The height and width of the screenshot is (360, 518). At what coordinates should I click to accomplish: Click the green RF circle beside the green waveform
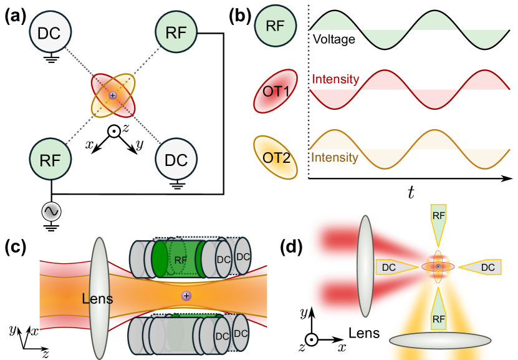click(x=276, y=26)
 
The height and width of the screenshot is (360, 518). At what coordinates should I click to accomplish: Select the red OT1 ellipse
click(x=276, y=91)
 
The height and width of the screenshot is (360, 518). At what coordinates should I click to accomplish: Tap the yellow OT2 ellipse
click(x=276, y=157)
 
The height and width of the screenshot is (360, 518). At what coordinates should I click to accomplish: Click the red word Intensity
click(x=335, y=79)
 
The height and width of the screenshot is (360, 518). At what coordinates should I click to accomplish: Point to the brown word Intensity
click(x=334, y=158)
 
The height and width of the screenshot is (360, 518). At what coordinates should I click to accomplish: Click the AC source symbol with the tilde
click(x=51, y=212)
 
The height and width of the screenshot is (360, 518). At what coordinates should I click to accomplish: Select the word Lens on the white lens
click(x=97, y=299)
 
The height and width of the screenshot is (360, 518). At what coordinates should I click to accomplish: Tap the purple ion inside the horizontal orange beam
click(x=186, y=295)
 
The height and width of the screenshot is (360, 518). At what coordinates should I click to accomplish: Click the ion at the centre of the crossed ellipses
click(x=113, y=95)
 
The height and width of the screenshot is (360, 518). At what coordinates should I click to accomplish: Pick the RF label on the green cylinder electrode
click(x=180, y=260)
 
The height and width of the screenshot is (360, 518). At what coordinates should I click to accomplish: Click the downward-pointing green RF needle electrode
click(x=439, y=224)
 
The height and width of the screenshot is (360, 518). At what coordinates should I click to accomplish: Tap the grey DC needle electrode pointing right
click(x=396, y=267)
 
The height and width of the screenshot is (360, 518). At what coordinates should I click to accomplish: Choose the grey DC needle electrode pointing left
click(x=480, y=267)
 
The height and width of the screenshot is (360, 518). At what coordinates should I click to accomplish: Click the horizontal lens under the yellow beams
click(x=439, y=341)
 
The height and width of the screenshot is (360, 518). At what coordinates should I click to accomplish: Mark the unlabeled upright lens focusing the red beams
click(x=365, y=267)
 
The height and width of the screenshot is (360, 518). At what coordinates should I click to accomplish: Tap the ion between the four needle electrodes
click(x=438, y=266)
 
